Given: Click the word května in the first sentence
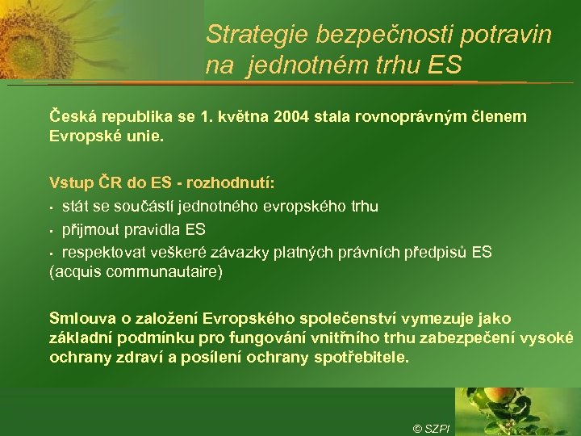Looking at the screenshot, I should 242,117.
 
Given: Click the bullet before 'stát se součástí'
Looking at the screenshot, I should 52,207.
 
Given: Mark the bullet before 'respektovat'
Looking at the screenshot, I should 52,253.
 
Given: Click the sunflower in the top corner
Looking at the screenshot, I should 32,36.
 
